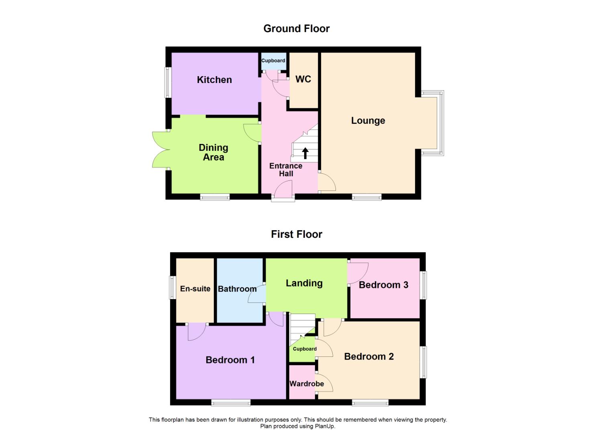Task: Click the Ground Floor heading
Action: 296,28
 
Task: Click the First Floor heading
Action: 296,234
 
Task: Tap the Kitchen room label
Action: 214,80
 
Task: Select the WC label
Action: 303,79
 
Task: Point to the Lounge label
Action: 368,121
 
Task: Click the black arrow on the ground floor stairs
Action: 305,153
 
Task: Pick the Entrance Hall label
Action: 286,170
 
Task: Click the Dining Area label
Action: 214,152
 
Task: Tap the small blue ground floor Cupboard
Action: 273,61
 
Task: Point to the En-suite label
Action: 195,289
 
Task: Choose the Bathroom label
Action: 237,289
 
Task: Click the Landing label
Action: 304,283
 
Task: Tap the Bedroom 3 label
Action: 383,285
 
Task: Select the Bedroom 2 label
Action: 369,356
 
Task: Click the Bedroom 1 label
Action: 230,360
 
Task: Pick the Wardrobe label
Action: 307,384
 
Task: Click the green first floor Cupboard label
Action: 305,349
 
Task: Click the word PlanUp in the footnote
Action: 326,426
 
